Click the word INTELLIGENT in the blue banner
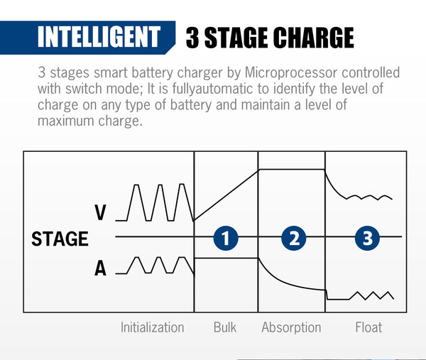(99, 37)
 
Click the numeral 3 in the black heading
(192, 38)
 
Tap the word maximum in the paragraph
(65, 121)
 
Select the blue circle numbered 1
(226, 238)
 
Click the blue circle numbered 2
(294, 238)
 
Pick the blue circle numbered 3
(367, 238)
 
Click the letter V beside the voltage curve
(100, 212)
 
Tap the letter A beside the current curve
(100, 268)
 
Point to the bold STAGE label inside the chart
(60, 239)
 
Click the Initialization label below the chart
(153, 327)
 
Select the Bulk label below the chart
(225, 327)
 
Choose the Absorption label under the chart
(291, 327)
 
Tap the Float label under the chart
(368, 327)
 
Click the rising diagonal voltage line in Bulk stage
(226, 195)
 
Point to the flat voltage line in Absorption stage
(292, 170)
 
